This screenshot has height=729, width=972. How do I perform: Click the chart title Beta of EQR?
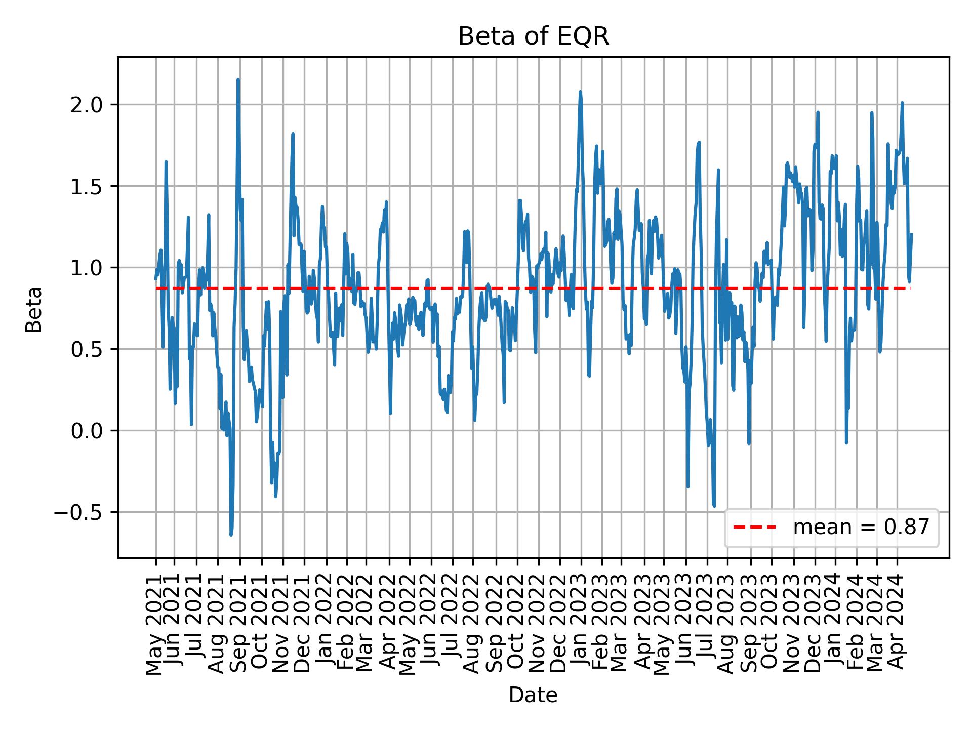(533, 37)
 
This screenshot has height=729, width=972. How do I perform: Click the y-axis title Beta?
(34, 309)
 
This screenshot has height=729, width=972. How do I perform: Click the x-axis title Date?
(533, 695)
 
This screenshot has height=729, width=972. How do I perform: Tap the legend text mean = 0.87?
(861, 528)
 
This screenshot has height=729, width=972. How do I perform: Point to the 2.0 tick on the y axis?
(87, 105)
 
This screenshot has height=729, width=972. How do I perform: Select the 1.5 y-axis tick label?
(87, 186)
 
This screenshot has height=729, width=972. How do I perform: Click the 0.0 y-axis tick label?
(87, 431)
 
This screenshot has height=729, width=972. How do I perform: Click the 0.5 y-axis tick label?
(87, 349)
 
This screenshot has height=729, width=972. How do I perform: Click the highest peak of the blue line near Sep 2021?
(238, 80)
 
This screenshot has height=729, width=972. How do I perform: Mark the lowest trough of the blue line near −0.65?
(231, 535)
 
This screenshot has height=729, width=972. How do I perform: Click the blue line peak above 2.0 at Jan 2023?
(580, 92)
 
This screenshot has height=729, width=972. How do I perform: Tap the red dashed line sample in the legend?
(754, 528)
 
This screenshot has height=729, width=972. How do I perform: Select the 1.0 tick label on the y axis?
(87, 268)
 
